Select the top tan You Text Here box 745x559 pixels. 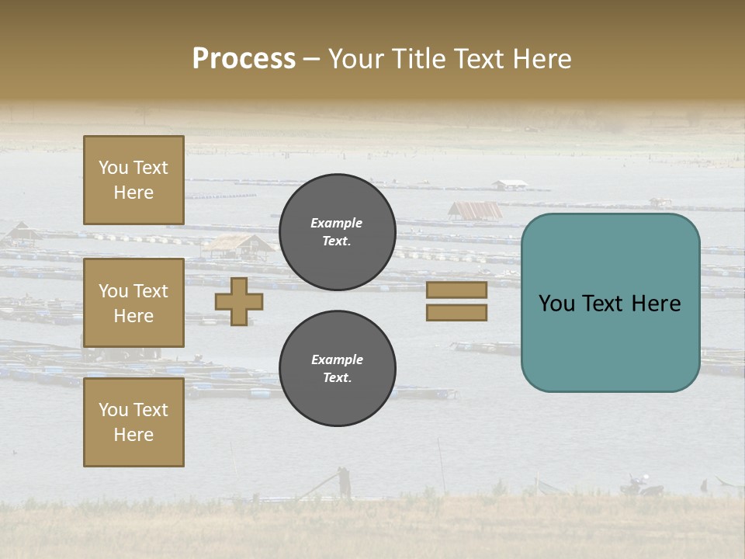133,180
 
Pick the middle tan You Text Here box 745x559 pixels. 133,303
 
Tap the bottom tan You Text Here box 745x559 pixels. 133,422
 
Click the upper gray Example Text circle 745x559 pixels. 337,232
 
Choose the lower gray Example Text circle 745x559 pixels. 337,369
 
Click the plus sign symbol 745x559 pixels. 239,301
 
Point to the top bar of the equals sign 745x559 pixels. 457,290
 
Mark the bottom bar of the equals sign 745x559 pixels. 457,313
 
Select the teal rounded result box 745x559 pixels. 610,303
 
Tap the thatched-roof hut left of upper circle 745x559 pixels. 238,246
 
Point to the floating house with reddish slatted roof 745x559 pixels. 475,210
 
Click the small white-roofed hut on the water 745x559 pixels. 510,185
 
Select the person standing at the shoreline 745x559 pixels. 343,481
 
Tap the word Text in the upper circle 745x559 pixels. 337,241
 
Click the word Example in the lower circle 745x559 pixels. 337,359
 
